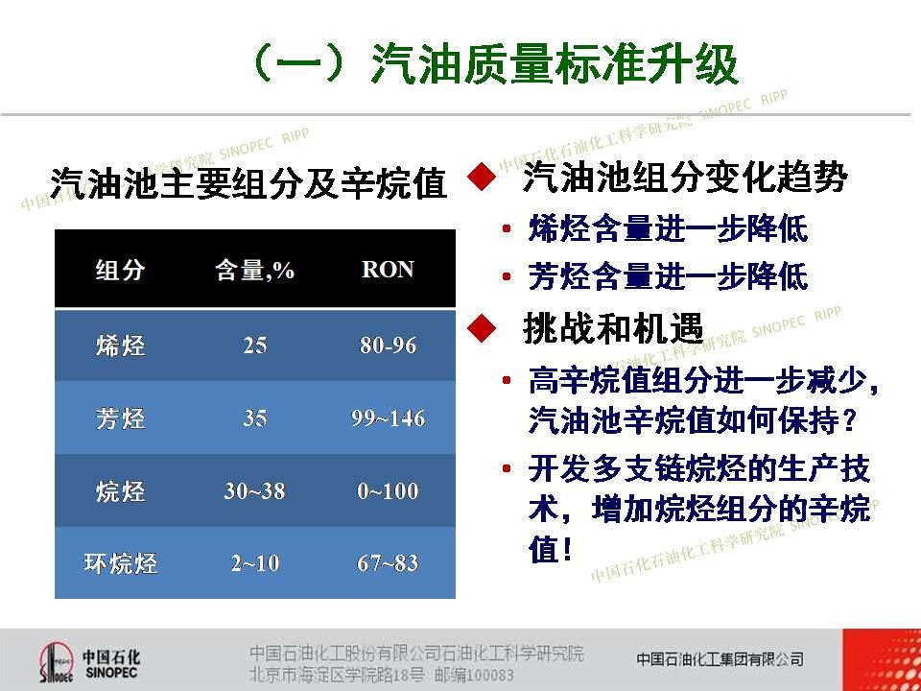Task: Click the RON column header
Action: pyautogui.click(x=388, y=270)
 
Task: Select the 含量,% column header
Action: pyautogui.click(x=254, y=271)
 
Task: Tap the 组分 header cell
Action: pyautogui.click(x=120, y=271)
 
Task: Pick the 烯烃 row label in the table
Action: pyautogui.click(x=120, y=345)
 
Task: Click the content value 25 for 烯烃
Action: pyautogui.click(x=255, y=345)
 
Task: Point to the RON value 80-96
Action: pyautogui.click(x=389, y=345)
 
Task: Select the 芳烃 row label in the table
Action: pyautogui.click(x=120, y=418)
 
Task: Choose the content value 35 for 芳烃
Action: pyautogui.click(x=255, y=417)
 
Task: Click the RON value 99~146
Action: pyautogui.click(x=389, y=417)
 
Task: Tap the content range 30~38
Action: pyautogui.click(x=254, y=490)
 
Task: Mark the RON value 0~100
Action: pyautogui.click(x=388, y=490)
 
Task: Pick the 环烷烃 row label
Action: pyautogui.click(x=120, y=563)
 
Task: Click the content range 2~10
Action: pyautogui.click(x=255, y=563)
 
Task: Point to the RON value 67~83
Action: pyautogui.click(x=388, y=563)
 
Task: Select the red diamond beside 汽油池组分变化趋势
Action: pyautogui.click(x=482, y=177)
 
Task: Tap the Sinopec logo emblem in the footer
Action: pyautogui.click(x=56, y=662)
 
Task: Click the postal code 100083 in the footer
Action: pyautogui.click(x=489, y=675)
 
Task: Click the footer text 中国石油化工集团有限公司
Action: pyautogui.click(x=720, y=659)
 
